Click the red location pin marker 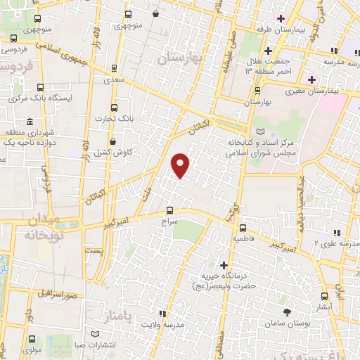pos(181,165)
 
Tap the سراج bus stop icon pos(169,210)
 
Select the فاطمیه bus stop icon pos(243,228)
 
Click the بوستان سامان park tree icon pos(287,311)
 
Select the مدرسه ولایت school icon pos(162,314)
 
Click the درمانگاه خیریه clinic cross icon pos(224,265)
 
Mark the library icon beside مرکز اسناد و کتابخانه pos(262,131)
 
